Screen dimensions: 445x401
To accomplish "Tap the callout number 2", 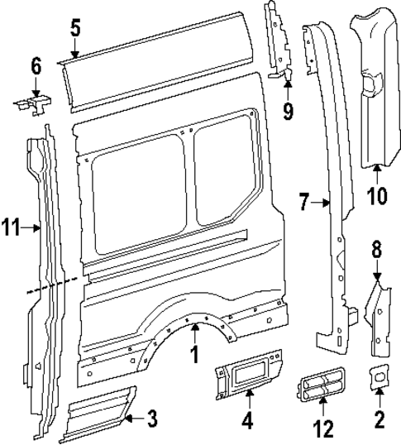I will (x=380, y=419).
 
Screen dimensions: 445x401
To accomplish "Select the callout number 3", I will (x=152, y=419).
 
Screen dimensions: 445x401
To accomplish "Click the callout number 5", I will (x=75, y=27).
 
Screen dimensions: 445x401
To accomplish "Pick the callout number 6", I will (x=36, y=65).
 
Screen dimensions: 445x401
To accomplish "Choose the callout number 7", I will (x=304, y=201).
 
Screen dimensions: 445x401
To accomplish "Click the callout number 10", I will (x=377, y=195).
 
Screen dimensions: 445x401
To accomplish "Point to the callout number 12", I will (x=323, y=428).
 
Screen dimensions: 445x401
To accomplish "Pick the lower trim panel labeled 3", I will (x=98, y=409).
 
